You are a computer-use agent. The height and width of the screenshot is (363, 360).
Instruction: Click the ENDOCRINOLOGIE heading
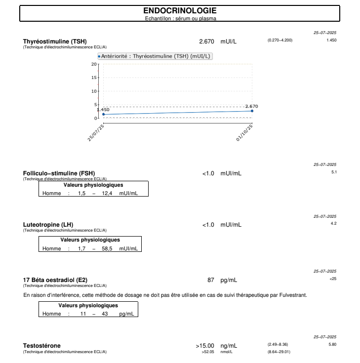point(180,11)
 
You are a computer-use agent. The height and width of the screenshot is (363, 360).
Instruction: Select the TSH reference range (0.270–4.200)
point(280,40)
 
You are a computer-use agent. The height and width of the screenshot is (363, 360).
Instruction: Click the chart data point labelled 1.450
point(103,115)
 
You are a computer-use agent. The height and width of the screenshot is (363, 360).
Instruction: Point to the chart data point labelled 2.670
point(252,111)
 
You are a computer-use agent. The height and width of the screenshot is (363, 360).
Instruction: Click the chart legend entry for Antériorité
point(155,56)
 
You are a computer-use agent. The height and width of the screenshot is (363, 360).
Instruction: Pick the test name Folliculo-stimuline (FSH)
point(59,173)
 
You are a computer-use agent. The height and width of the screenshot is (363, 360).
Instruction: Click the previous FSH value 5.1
point(334,172)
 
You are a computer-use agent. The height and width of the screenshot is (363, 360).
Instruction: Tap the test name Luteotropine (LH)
point(48,225)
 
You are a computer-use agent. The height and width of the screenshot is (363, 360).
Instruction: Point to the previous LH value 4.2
point(334,224)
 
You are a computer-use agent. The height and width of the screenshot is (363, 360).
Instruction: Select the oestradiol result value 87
point(211,280)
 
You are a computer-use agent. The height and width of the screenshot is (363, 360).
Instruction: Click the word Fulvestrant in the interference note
point(293,295)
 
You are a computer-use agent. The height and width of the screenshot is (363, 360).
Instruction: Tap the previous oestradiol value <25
point(333,279)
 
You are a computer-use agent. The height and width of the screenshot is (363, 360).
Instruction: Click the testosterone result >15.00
point(205,346)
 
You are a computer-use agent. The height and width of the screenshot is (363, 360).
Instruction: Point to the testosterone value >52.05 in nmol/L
point(208,352)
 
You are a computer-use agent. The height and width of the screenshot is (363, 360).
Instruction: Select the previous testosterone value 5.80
point(332,344)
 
